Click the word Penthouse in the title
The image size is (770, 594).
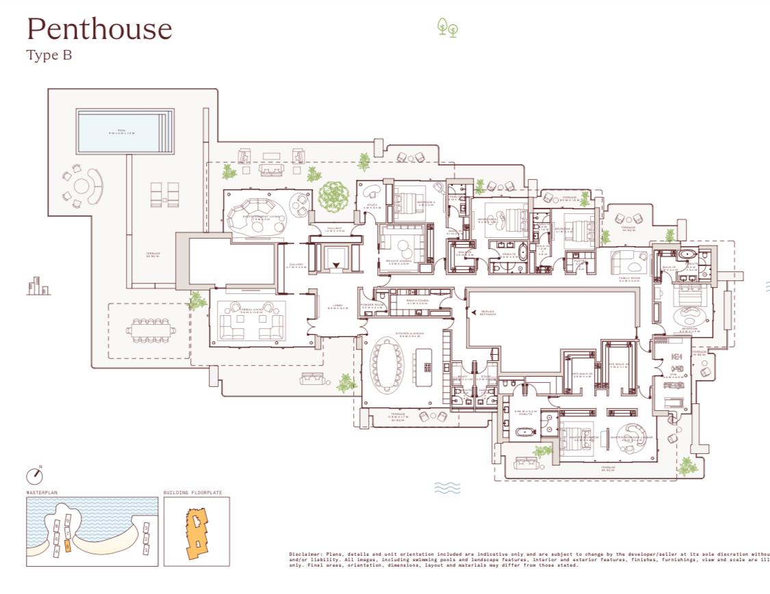point(99,29)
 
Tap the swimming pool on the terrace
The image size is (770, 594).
point(121,131)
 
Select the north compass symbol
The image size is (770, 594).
point(34,475)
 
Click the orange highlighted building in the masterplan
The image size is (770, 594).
point(67,545)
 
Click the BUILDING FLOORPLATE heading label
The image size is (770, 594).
point(192,492)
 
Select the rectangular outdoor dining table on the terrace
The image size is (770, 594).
point(150,331)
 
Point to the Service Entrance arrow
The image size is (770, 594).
point(474,312)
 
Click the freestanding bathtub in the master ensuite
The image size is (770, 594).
point(525,433)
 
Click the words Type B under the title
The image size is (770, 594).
point(49,56)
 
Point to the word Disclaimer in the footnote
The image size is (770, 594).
point(304,554)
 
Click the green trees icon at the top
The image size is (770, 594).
point(447,27)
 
